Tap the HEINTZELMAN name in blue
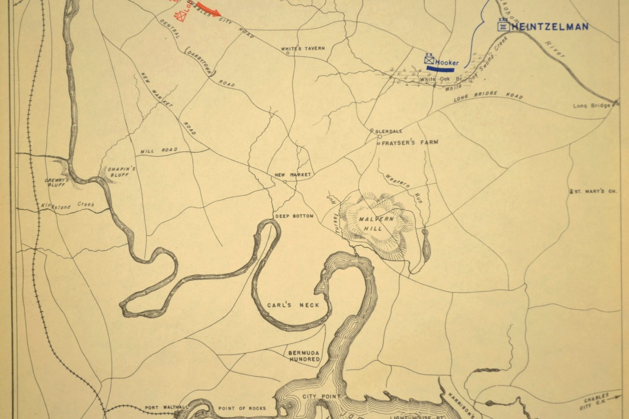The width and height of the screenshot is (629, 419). [x=550, y=27]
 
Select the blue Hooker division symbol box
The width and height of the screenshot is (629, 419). [x=429, y=61]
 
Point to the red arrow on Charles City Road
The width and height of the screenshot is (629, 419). [x=208, y=10]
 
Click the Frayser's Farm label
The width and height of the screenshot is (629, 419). [x=410, y=142]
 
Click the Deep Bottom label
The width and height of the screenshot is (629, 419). [x=294, y=216]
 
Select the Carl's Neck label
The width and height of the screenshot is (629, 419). [x=293, y=305]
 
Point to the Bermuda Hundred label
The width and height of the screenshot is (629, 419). [x=304, y=356]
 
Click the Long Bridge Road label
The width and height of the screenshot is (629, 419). [x=488, y=96]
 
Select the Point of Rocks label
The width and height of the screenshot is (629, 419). [x=242, y=408]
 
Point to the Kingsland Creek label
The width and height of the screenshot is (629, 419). [x=68, y=206]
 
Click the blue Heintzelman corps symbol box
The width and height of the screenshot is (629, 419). [x=503, y=27]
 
